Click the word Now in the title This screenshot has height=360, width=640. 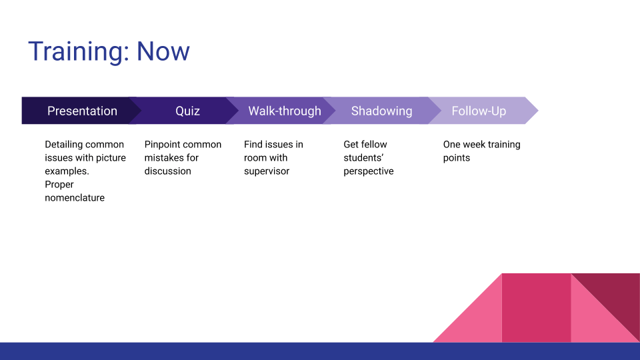tap(163, 51)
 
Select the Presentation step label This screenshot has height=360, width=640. tap(82, 111)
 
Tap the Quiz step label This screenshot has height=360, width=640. tap(187, 111)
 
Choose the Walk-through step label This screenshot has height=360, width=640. tap(285, 111)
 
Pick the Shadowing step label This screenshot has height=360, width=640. tap(381, 111)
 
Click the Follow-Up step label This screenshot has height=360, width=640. tap(479, 111)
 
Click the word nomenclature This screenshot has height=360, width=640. tap(75, 198)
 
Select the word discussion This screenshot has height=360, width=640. tap(168, 171)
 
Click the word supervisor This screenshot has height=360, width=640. tap(267, 171)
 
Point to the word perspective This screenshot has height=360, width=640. tap(369, 171)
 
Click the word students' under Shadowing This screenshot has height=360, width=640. tap(363, 158)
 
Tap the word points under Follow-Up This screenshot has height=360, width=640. tap(456, 159)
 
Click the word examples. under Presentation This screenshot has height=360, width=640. tap(67, 171)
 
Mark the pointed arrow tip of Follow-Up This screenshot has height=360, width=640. tap(538, 111)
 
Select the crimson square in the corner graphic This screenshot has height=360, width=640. tap(536, 308)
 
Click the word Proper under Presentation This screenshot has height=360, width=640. tap(59, 185)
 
